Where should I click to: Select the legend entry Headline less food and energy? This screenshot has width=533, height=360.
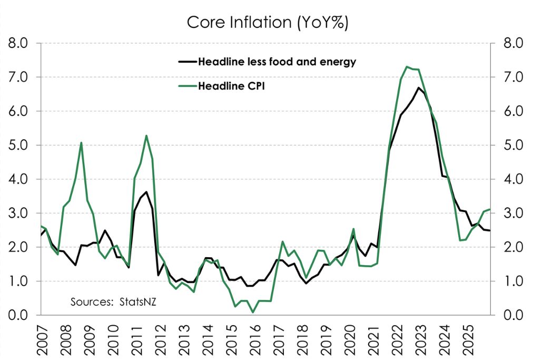tap(277, 62)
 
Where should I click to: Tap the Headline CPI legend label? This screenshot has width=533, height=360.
tap(231, 86)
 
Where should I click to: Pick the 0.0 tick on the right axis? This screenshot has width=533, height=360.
tap(510, 315)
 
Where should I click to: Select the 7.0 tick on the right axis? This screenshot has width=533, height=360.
tap(510, 77)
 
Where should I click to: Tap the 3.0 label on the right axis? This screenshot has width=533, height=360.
tap(510, 213)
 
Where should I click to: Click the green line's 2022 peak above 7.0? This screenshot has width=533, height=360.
tap(407, 66)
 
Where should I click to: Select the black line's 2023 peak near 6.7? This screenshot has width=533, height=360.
tap(418, 87)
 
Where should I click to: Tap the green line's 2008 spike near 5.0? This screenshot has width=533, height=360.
tap(81, 142)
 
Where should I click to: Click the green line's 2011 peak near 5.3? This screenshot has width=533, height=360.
tap(146, 135)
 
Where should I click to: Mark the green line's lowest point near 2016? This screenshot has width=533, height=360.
tap(253, 312)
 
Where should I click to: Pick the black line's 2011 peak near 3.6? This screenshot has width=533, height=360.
tap(146, 192)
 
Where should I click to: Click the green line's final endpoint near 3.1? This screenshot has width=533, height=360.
tap(490, 209)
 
